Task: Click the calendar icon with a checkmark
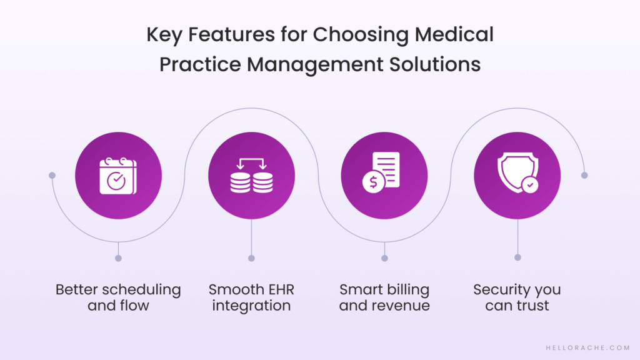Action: [x=118, y=176]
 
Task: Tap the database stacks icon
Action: [x=251, y=176]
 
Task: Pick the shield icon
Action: [x=517, y=175]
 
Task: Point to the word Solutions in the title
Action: [x=436, y=64]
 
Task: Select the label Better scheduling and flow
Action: [x=118, y=297]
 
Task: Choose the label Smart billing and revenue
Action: [x=384, y=297]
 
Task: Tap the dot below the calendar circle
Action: [x=118, y=257]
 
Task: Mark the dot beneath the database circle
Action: [x=251, y=257]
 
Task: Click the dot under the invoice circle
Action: [x=384, y=257]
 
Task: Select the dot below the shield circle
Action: [x=517, y=257]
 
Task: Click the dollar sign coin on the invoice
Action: [x=373, y=182]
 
